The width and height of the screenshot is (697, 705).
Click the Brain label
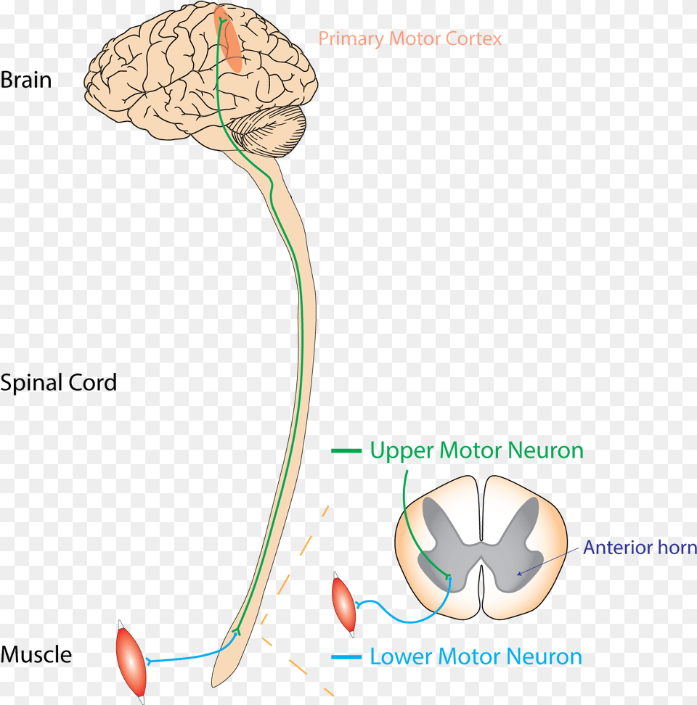[26, 80]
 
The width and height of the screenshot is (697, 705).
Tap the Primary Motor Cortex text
[410, 39]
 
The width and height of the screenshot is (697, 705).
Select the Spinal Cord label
[59, 383]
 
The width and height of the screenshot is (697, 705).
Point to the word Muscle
[36, 654]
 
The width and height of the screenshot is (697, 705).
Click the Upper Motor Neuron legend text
[476, 451]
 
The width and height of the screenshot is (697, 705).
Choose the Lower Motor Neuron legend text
[476, 657]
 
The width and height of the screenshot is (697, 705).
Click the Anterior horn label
[640, 547]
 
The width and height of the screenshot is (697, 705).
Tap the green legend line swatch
[346, 450]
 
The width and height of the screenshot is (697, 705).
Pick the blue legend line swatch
[346, 657]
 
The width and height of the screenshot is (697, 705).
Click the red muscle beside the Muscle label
[131, 661]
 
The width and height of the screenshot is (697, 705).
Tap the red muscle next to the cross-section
[343, 605]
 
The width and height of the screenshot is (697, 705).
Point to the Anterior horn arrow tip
[518, 574]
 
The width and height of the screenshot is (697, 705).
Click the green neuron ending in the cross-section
[447, 577]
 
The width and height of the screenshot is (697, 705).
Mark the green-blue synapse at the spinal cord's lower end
[236, 632]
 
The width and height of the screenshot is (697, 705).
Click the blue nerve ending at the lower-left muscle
[149, 661]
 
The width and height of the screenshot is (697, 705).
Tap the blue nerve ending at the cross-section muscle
[358, 605]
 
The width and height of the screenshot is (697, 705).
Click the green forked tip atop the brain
[221, 20]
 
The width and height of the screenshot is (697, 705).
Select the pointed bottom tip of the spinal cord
[213, 685]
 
